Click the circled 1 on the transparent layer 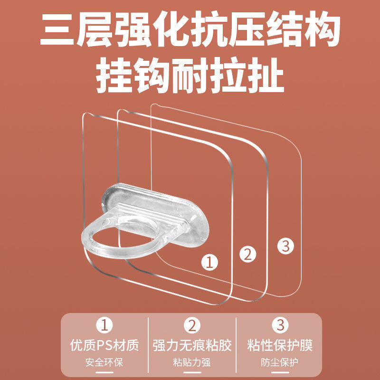tap(209, 262)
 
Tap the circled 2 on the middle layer tap(247, 254)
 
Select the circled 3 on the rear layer tap(286, 246)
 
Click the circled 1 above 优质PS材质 tap(104, 325)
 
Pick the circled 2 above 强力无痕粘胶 tap(192, 325)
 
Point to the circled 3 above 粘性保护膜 tap(280, 325)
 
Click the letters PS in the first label tap(105, 345)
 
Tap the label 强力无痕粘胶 tap(192, 345)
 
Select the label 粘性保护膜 tap(280, 345)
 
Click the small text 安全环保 tap(104, 362)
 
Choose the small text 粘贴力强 tap(192, 362)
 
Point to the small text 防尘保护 tap(280, 362)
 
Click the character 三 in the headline tap(57, 29)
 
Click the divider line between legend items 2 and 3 tap(236, 345)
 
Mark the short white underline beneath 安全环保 tap(104, 372)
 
